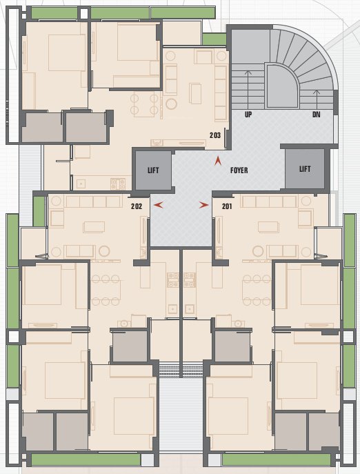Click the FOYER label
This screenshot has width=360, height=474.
pos(239,169)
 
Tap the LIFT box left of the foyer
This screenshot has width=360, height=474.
pos(152,170)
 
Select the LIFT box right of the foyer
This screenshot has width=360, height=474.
pos(305,169)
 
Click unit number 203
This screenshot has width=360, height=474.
pos(216,136)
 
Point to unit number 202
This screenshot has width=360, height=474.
pos(136,206)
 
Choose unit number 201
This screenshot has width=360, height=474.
pos(227,206)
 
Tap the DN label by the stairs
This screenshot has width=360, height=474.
pos(316,115)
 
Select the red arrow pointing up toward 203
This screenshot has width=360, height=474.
pos(219,161)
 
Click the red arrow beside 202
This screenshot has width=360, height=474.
pos(159,205)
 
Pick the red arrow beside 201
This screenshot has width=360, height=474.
pos(204,205)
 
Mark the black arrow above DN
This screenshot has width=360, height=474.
pos(316,97)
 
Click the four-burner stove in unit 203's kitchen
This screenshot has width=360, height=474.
pos(117,184)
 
